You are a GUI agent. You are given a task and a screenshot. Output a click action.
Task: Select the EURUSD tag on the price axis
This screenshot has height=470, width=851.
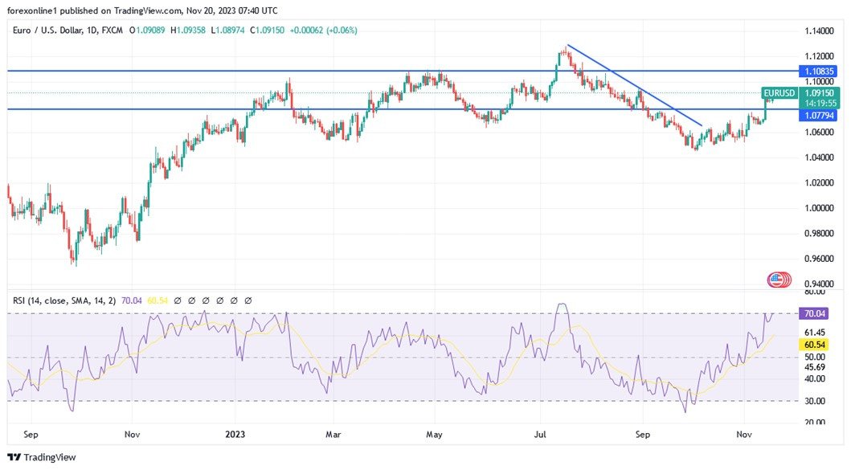coord(779,93)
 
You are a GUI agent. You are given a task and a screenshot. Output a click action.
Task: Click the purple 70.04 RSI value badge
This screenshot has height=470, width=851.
coord(816,313)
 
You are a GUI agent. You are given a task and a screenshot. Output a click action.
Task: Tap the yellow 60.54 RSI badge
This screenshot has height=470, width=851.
coord(816,344)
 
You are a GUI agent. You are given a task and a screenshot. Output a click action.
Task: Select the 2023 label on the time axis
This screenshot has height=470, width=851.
coord(235,435)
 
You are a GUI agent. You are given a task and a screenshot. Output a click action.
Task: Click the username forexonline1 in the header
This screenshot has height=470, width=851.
coord(38,10)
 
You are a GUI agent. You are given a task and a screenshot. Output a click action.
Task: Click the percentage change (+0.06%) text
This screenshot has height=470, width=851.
coord(342,31)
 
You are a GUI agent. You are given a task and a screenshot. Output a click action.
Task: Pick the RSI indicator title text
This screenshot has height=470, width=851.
coord(64,300)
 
